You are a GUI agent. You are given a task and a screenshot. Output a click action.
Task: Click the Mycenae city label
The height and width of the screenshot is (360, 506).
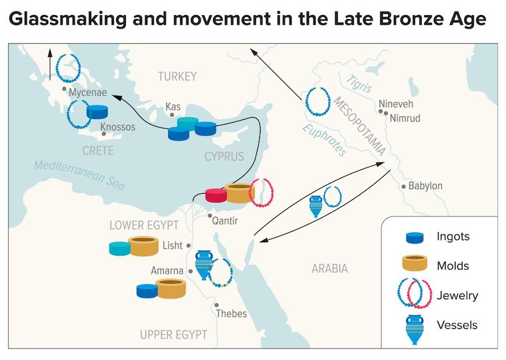click(x=88, y=92)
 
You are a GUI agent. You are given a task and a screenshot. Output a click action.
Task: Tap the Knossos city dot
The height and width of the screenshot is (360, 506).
click(x=104, y=133)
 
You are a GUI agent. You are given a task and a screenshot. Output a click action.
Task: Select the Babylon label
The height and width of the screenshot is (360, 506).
click(x=425, y=186)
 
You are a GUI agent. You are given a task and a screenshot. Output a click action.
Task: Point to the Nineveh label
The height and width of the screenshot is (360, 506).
click(x=396, y=104)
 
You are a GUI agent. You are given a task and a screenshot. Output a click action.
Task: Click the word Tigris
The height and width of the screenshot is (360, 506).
click(x=359, y=84)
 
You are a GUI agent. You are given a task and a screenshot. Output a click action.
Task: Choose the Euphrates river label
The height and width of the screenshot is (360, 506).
click(x=324, y=140)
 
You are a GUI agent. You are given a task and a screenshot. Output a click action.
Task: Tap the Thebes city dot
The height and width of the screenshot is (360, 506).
click(x=216, y=305)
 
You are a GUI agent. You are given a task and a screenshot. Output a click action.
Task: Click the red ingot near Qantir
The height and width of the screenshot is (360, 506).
click(x=216, y=196)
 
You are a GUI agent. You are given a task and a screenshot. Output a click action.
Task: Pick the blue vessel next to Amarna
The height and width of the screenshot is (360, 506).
click(x=204, y=265)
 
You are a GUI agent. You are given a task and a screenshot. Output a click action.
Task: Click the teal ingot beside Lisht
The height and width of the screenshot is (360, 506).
click(x=120, y=249)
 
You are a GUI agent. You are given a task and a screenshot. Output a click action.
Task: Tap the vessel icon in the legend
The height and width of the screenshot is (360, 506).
click(x=415, y=330)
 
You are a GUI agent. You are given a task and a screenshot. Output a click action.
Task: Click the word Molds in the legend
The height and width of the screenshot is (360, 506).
click(x=453, y=266)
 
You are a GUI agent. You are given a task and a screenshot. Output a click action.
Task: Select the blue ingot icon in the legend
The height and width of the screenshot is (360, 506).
click(x=415, y=238)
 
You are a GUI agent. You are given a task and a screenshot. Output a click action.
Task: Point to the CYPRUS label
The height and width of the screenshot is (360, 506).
click(x=225, y=157)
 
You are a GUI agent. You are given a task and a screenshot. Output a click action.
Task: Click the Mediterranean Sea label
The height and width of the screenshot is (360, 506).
click(x=80, y=175)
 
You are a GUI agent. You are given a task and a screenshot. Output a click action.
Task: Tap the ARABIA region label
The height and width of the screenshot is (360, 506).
click(x=330, y=268)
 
